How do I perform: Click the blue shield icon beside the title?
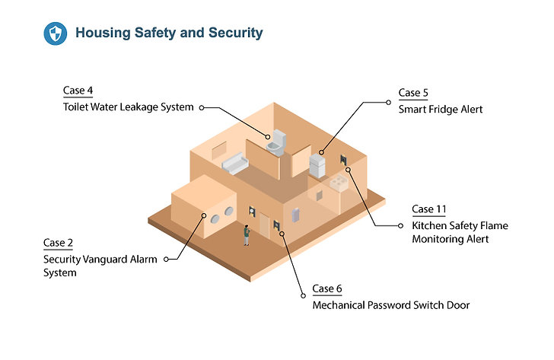pos(55,33)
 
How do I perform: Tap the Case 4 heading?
pos(78,91)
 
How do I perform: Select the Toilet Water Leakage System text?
pos(129,107)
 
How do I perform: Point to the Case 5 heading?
pos(413,93)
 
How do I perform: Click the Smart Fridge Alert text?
pos(440,109)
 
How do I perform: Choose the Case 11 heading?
pos(429,209)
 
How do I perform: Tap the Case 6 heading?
pos(326,288)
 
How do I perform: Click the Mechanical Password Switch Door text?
pos(391,305)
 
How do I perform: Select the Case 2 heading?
pos(58,243)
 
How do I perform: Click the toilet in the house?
pos(276,143)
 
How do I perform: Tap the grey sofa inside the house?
pos(235,163)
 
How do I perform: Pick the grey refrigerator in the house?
pos(317,166)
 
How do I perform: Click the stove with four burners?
pos(339,183)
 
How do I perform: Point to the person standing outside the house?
pos(247,235)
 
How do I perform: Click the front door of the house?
pos(264,225)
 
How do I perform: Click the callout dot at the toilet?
pos(268,137)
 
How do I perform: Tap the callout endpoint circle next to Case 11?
pos(400,226)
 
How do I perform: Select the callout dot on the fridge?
pos(321,152)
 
